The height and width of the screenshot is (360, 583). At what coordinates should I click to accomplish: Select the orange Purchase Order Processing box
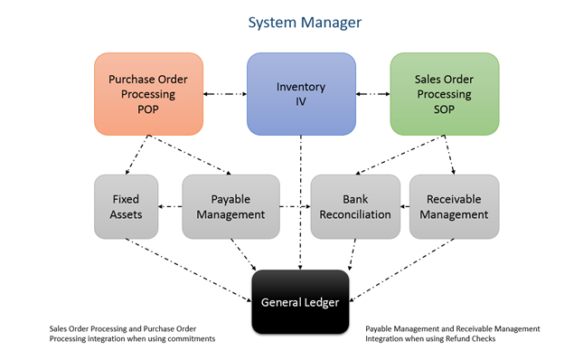coord(149,93)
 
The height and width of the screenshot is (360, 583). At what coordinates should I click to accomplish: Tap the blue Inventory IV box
coord(301,93)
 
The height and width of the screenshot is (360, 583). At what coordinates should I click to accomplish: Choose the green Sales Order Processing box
coord(444,93)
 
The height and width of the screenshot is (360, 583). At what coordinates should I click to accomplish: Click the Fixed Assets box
coord(125,206)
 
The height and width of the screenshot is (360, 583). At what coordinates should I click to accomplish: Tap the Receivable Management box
coord(454,206)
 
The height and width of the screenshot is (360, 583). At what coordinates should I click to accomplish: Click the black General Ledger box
coord(300,301)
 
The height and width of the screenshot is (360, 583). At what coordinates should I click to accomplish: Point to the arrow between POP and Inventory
coord(225,93)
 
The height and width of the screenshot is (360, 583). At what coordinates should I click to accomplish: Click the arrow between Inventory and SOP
coord(372,93)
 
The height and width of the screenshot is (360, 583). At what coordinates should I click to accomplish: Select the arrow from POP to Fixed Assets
coord(136,155)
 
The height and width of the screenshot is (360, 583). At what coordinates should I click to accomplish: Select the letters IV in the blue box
coord(301,103)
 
